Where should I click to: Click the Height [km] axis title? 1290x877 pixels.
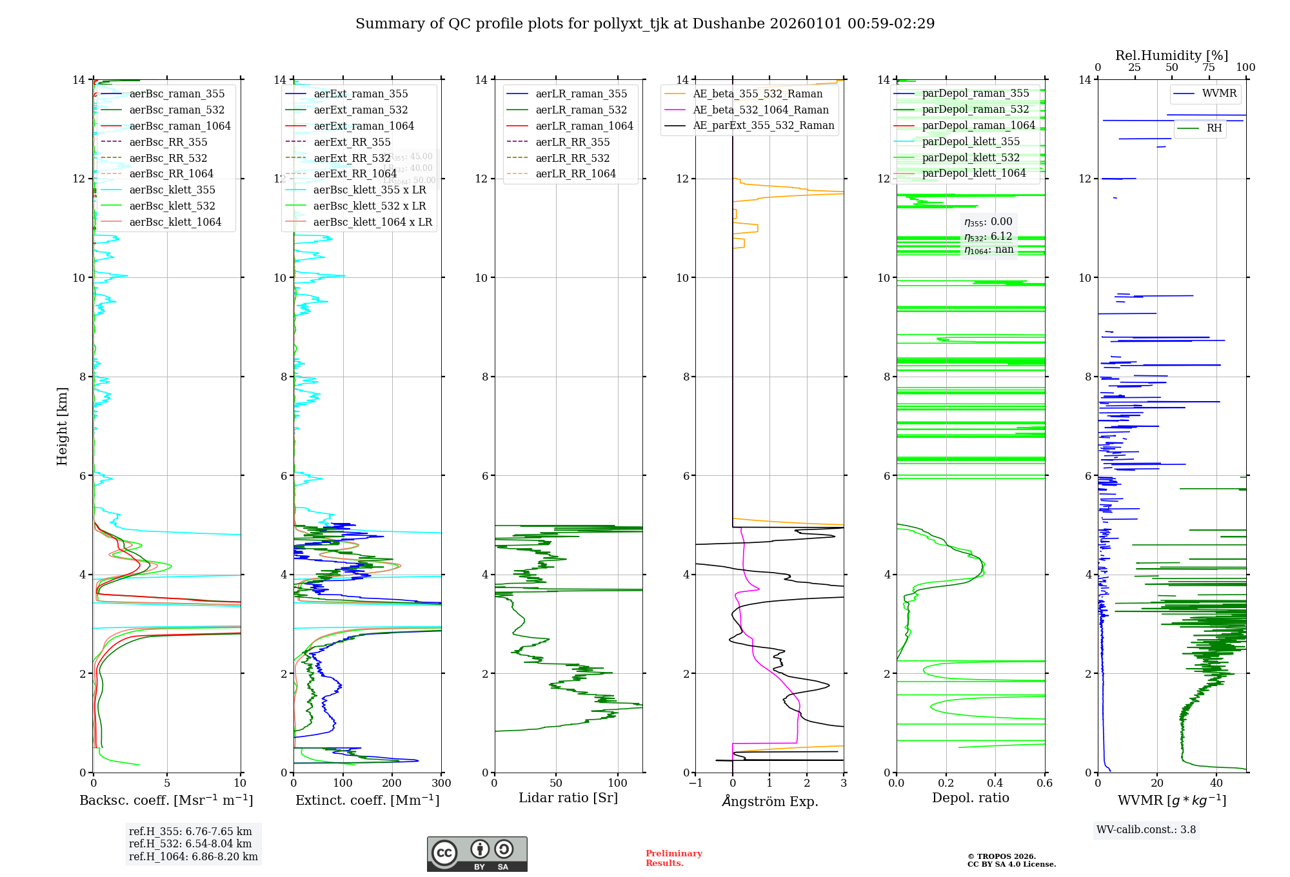tap(62, 426)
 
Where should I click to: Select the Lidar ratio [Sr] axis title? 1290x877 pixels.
tap(568, 798)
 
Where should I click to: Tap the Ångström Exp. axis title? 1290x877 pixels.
tap(769, 801)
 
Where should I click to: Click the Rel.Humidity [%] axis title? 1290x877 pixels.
tap(1171, 55)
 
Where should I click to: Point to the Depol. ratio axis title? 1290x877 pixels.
tap(970, 798)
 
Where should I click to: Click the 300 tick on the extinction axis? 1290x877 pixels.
tap(442, 783)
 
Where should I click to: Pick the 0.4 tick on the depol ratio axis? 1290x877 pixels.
tap(995, 783)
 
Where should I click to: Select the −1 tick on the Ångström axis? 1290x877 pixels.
tap(695, 783)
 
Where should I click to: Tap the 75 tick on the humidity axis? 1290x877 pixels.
tap(1209, 68)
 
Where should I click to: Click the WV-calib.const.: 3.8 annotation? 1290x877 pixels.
tap(1146, 829)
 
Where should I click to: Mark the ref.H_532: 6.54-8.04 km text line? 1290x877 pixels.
tap(190, 843)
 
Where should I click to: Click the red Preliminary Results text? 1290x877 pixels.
tap(673, 858)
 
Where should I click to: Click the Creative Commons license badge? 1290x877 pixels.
tap(477, 854)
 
